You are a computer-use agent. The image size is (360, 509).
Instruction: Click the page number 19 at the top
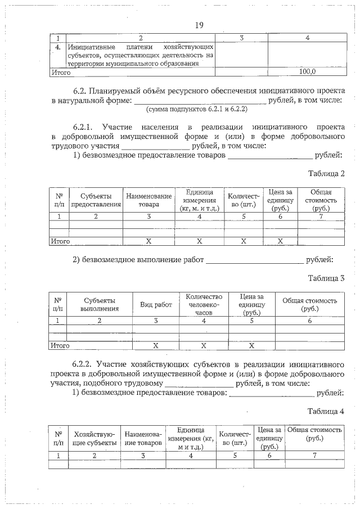click(x=199, y=25)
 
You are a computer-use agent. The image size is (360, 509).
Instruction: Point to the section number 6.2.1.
click(x=87, y=127)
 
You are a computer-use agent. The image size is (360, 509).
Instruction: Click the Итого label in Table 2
click(x=60, y=241)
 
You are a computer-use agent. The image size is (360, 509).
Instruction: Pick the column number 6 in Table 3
click(x=309, y=321)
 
